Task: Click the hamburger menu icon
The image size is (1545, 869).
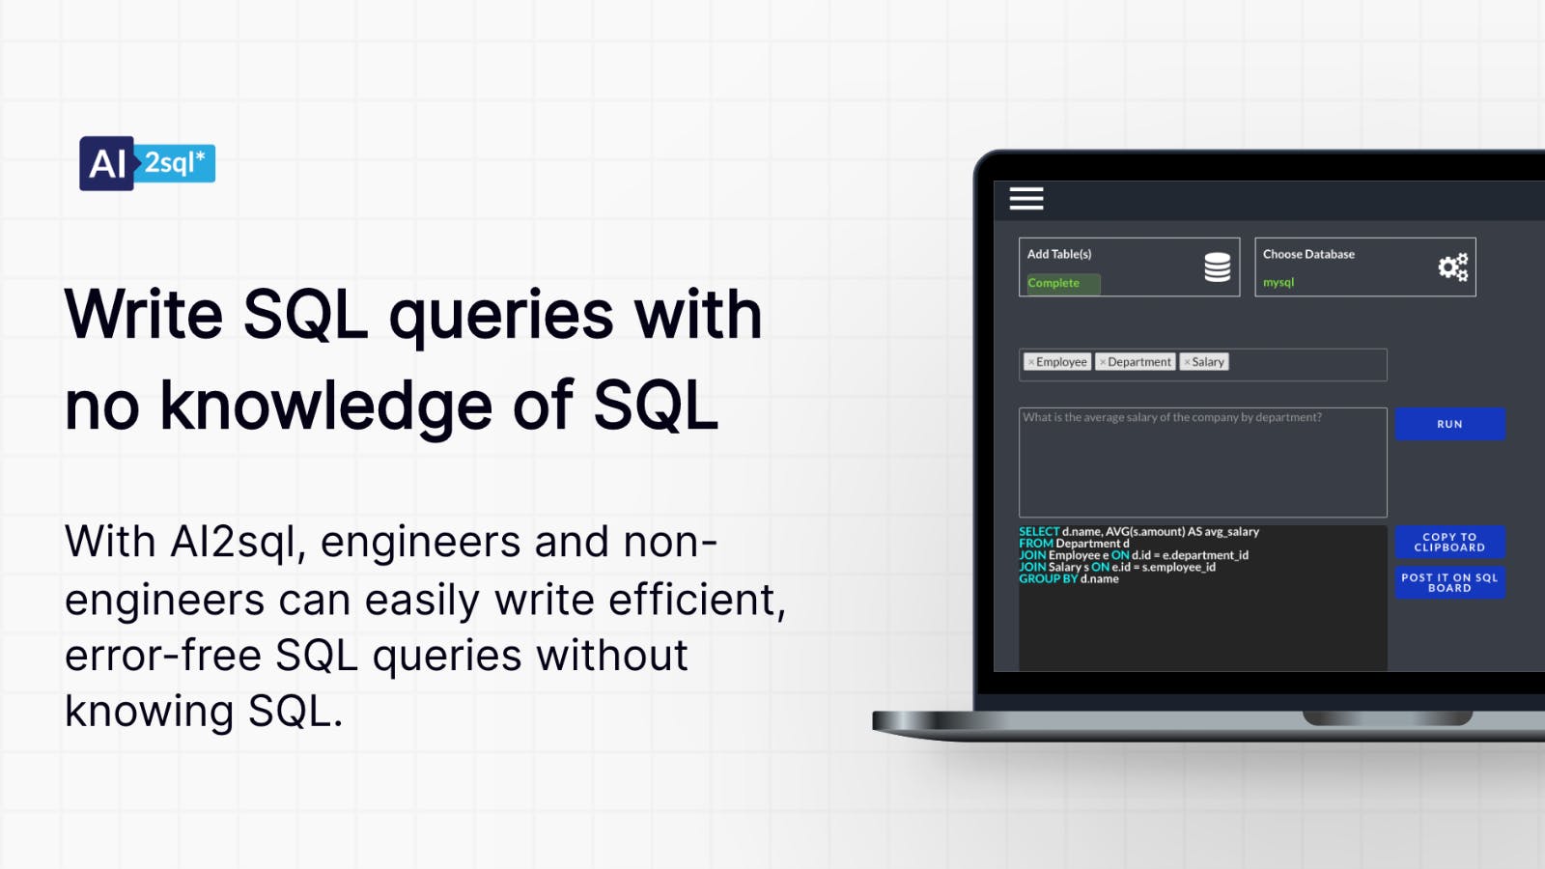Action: [1026, 199]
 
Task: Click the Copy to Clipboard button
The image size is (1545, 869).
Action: [1449, 542]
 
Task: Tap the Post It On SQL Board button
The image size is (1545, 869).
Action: [1449, 582]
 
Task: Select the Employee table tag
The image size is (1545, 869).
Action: [1058, 362]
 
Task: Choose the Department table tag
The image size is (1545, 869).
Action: [1137, 362]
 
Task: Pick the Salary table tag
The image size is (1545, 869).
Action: [1205, 362]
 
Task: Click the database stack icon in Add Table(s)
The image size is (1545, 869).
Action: [1217, 267]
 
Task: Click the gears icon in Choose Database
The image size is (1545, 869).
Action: [1452, 267]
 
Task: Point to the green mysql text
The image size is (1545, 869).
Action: [1278, 283]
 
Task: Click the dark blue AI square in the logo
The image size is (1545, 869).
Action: [106, 163]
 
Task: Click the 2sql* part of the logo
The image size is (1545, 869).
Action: [175, 163]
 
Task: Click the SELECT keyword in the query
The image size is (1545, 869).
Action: [1039, 532]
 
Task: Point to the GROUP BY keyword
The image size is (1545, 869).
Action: [1048, 579]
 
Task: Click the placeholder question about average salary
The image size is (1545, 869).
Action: [1172, 418]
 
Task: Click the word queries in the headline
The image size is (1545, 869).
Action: [501, 317]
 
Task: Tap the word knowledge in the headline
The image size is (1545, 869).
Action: [326, 406]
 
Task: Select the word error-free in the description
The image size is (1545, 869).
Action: [162, 657]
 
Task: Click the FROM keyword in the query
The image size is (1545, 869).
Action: [1035, 544]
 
